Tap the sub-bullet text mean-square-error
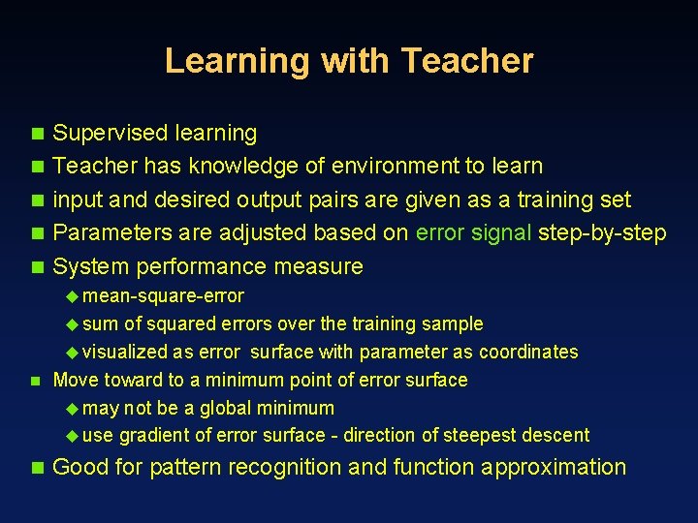164,295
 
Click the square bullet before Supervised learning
37,134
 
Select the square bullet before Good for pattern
37,468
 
